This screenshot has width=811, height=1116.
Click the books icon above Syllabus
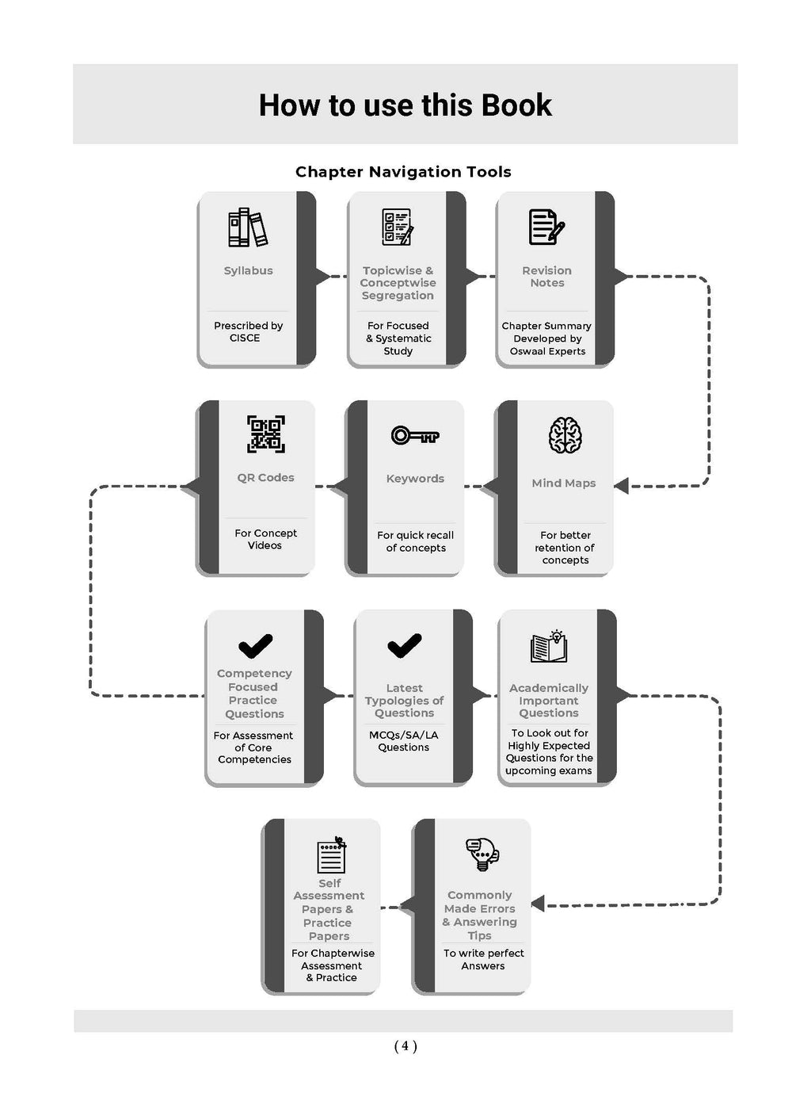pyautogui.click(x=248, y=227)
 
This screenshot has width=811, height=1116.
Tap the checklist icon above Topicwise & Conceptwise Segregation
pyautogui.click(x=398, y=227)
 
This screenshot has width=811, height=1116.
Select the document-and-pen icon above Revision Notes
pyautogui.click(x=546, y=227)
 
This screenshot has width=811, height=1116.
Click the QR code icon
pyautogui.click(x=266, y=434)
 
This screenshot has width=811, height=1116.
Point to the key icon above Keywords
pyautogui.click(x=415, y=435)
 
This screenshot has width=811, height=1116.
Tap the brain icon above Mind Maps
pyautogui.click(x=565, y=434)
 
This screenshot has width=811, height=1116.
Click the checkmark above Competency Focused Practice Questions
pyautogui.click(x=255, y=646)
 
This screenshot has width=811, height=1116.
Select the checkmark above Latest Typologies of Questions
pyautogui.click(x=404, y=645)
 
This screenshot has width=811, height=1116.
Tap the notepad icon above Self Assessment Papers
pyautogui.click(x=332, y=855)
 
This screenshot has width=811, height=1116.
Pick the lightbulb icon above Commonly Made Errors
pyautogui.click(x=482, y=854)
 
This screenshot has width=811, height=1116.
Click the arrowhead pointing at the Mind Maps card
pyautogui.click(x=621, y=485)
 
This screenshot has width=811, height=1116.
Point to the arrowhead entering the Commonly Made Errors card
pyautogui.click(x=538, y=904)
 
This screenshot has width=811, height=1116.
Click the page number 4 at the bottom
pyautogui.click(x=405, y=1045)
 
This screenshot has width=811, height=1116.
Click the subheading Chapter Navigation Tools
pyautogui.click(x=403, y=172)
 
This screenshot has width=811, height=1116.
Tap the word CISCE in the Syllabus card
pyautogui.click(x=245, y=338)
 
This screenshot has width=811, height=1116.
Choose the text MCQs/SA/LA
pyautogui.click(x=403, y=735)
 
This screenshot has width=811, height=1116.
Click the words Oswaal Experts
pyautogui.click(x=547, y=351)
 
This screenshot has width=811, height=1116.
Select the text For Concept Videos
pyautogui.click(x=265, y=539)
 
